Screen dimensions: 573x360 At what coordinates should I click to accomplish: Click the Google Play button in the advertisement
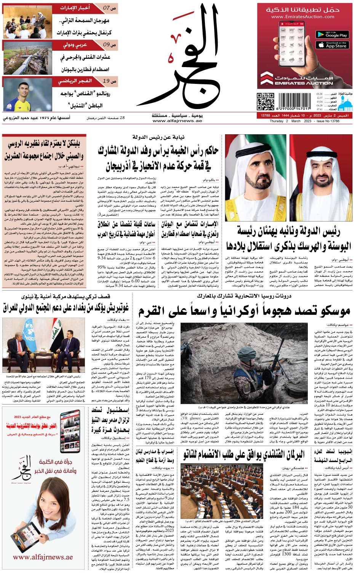pyautogui.click(x=332, y=34)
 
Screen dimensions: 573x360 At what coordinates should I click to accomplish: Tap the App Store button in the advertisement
pyautogui.click(x=332, y=45)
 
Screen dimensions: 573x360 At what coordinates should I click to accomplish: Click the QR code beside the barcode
pyautogui.click(x=265, y=101)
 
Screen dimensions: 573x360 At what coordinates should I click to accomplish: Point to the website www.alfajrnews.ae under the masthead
pyautogui.click(x=177, y=121)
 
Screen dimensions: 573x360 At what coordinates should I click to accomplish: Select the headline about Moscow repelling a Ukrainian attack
pyautogui.click(x=244, y=311)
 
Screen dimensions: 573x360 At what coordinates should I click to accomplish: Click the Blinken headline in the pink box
pyautogui.click(x=44, y=150)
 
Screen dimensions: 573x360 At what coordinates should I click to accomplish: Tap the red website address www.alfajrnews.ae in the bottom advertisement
pyautogui.click(x=43, y=557)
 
